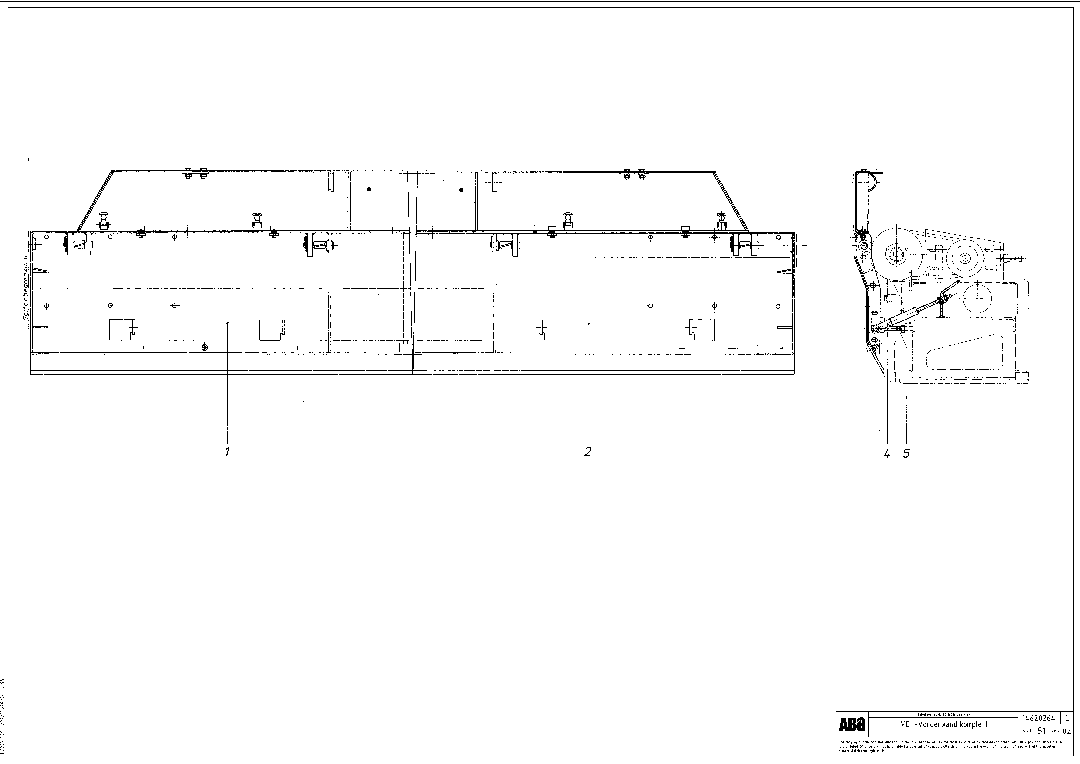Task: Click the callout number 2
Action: [x=588, y=452]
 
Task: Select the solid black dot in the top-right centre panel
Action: [x=461, y=190]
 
